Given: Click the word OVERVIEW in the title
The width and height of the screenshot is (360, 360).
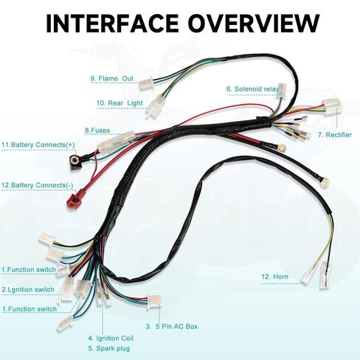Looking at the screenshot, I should coord(249,24).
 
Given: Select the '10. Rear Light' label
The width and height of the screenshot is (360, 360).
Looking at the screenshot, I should coord(119,103).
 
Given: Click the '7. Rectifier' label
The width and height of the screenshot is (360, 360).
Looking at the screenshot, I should coord(333,135).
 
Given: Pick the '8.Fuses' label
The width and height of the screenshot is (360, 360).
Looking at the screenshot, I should coord(97,131).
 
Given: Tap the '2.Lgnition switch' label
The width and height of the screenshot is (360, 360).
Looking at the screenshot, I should coord(28,289).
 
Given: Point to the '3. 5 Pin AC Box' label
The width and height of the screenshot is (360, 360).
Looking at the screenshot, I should coord(171,325).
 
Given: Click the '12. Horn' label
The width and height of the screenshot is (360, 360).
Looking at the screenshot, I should coord(274,277).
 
